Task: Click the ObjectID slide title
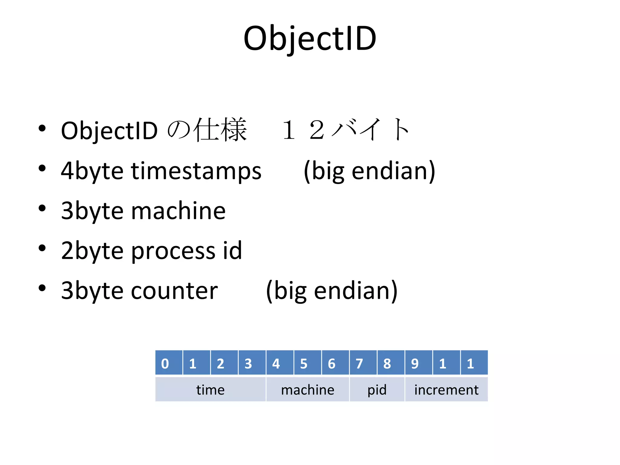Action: [310, 39]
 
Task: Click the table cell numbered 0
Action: [169, 363]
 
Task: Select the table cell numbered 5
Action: [307, 363]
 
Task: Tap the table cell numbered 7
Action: [363, 363]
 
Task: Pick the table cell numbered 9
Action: [418, 363]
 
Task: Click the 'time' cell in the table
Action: [210, 390]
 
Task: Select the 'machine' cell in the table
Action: [308, 390]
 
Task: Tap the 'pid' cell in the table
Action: [377, 390]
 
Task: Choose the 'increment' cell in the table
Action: [446, 390]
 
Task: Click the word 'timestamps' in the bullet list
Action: [196, 171]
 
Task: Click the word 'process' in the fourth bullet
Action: [173, 251]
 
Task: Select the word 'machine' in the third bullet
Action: [178, 211]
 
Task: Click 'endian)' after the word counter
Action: [356, 291]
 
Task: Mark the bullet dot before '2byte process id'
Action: [42, 248]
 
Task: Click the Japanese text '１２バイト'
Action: [345, 130]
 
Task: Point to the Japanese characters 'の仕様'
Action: [207, 130]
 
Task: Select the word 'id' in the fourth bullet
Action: [232, 251]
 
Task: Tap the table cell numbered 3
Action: [252, 363]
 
